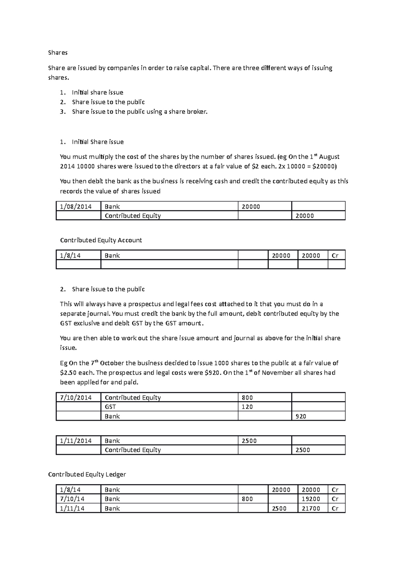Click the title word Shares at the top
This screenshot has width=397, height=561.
coord(58,53)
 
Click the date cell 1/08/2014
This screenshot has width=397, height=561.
coord(75,206)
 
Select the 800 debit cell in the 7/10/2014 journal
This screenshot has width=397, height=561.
coord(247,397)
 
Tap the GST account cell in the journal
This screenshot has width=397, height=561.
coord(110,407)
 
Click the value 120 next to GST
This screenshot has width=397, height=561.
coord(247,407)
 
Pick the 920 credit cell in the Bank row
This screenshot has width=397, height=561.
coord(301,416)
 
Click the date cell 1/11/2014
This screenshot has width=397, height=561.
coord(75,441)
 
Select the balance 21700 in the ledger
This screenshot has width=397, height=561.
coord(311,508)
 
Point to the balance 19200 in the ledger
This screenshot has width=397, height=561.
coord(311,499)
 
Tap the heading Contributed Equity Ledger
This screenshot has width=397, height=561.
coord(87,474)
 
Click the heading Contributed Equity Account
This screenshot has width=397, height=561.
coord(101,240)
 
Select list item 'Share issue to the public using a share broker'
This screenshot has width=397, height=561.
coord(140,112)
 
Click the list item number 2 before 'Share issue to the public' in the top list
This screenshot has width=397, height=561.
coord(62,102)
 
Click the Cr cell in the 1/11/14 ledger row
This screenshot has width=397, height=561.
coord(335,508)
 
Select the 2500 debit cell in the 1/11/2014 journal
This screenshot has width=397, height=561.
coord(249,441)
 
